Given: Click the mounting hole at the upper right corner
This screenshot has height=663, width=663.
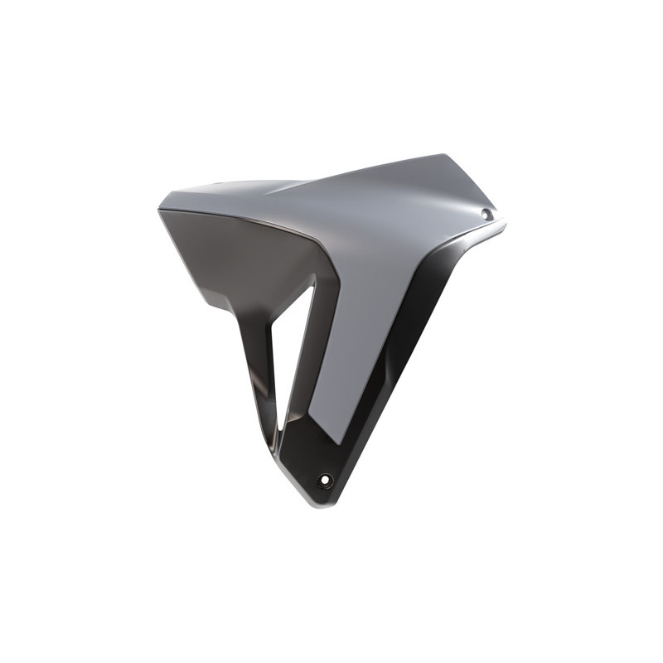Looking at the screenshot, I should pos(486,215).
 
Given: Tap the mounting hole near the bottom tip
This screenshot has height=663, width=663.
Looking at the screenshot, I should pos(326,481).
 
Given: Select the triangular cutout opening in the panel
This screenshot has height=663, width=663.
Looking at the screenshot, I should pos(295,348).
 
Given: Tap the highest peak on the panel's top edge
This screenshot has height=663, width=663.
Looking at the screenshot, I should pos(443,155).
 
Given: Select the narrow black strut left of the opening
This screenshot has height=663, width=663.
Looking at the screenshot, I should pos(259,365).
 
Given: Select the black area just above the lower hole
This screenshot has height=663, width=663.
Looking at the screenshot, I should pos(331,460).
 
